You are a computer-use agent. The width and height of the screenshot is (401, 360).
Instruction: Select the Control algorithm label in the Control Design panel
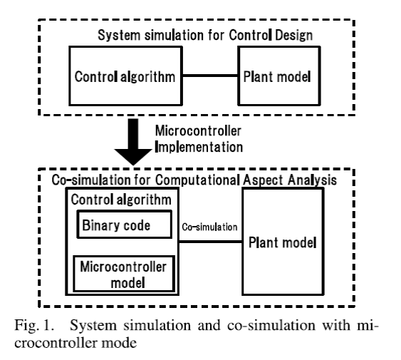[x=125, y=77]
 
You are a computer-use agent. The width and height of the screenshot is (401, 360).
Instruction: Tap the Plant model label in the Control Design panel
[x=277, y=76]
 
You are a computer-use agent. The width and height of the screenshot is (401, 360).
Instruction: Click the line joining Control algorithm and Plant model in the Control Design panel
[x=210, y=76]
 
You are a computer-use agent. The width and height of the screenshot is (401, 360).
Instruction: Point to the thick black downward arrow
[x=133, y=141]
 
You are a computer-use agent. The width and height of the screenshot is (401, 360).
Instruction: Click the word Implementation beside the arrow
[x=199, y=148]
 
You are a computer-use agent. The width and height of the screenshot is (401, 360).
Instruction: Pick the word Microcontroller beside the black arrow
[x=198, y=131]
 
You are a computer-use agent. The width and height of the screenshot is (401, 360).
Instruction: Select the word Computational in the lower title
[x=197, y=180]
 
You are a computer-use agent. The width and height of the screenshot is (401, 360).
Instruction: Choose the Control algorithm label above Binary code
[x=121, y=200]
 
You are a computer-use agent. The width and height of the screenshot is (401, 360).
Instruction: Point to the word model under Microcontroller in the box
[x=128, y=283]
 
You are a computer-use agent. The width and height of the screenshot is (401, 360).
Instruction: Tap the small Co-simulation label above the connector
[x=209, y=227]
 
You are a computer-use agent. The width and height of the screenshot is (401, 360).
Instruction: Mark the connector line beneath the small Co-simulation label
[x=211, y=242]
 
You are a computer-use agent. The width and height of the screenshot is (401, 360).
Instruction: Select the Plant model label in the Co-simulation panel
[x=283, y=242]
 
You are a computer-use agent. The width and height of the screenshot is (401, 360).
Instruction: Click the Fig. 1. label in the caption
[x=34, y=326]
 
